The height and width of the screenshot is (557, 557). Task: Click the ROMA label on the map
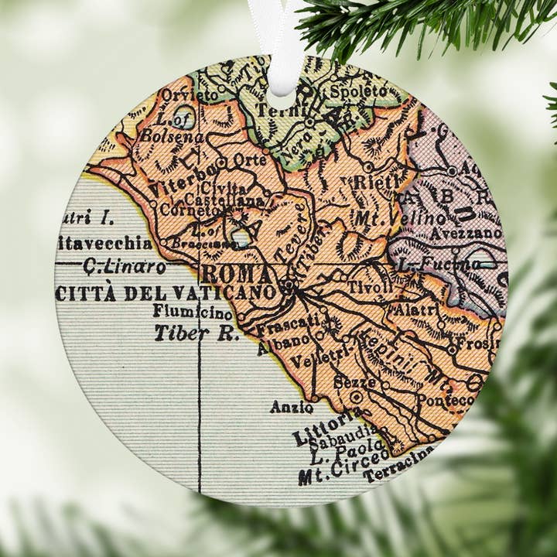click(237, 275)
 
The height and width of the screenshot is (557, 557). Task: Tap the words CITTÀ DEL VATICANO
click(166, 293)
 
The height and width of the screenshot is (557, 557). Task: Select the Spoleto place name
click(357, 91)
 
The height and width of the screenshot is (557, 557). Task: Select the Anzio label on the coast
click(291, 406)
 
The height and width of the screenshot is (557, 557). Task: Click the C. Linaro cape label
click(125, 268)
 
